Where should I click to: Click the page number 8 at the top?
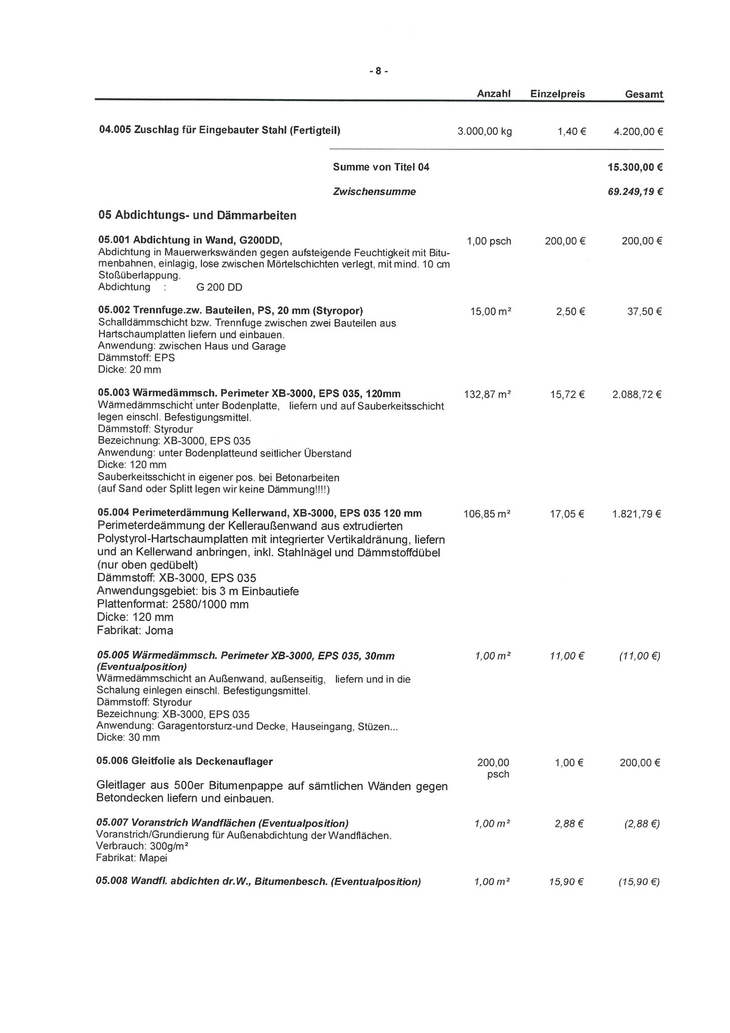pyautogui.click(x=378, y=71)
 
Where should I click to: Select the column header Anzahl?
pyautogui.click(x=493, y=94)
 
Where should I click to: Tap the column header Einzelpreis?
pyautogui.click(x=558, y=94)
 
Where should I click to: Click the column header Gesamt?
pyautogui.click(x=644, y=95)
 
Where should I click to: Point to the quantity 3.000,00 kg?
pyautogui.click(x=485, y=131)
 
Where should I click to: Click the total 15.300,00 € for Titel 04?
pyautogui.click(x=634, y=167)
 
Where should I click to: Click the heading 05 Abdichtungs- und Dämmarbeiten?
pyautogui.click(x=197, y=215)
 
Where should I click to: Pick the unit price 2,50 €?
pyautogui.click(x=570, y=312)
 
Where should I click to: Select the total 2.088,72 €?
pyautogui.click(x=636, y=394)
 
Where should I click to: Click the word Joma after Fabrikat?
pyautogui.click(x=159, y=630)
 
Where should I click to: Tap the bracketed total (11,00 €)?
pyautogui.click(x=640, y=656)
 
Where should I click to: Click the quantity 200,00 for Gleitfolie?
pyautogui.click(x=493, y=763)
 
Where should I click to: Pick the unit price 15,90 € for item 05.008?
pyautogui.click(x=566, y=882)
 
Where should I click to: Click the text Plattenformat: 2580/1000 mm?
pyautogui.click(x=172, y=604)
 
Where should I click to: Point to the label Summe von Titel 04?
pyautogui.click(x=381, y=167)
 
